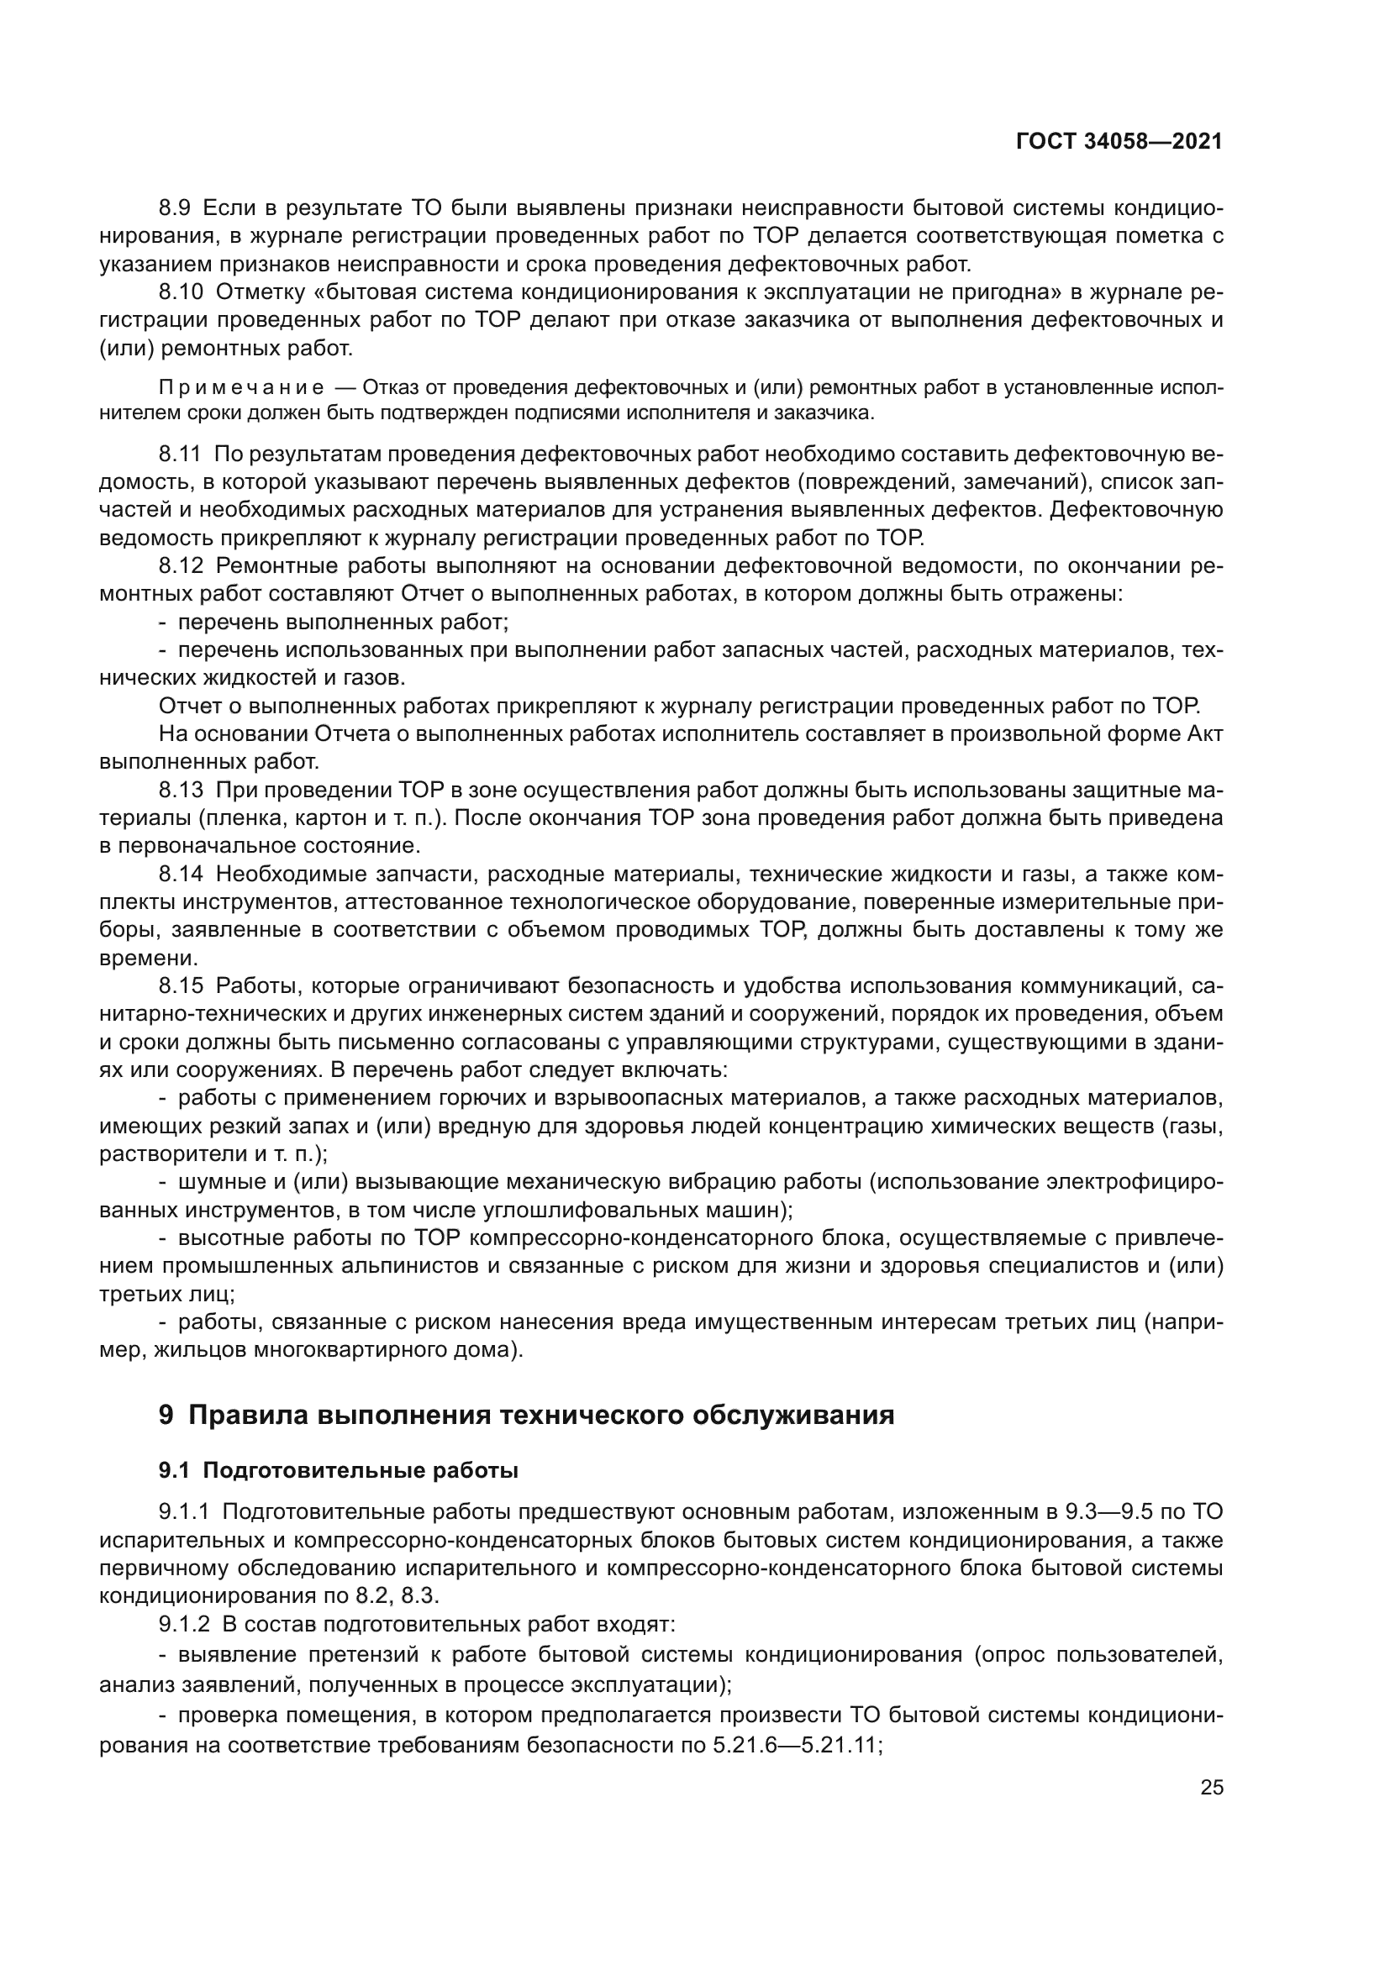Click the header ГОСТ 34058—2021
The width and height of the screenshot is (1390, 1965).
[x=1119, y=142]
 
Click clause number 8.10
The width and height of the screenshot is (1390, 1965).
[x=181, y=292]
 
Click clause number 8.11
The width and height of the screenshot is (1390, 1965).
[x=180, y=454]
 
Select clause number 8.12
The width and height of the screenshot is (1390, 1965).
[x=181, y=565]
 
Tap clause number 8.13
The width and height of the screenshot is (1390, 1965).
[x=181, y=789]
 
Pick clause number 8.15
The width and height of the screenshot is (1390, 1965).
[x=181, y=986]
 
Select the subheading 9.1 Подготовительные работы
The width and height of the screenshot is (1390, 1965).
[x=338, y=1472]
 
